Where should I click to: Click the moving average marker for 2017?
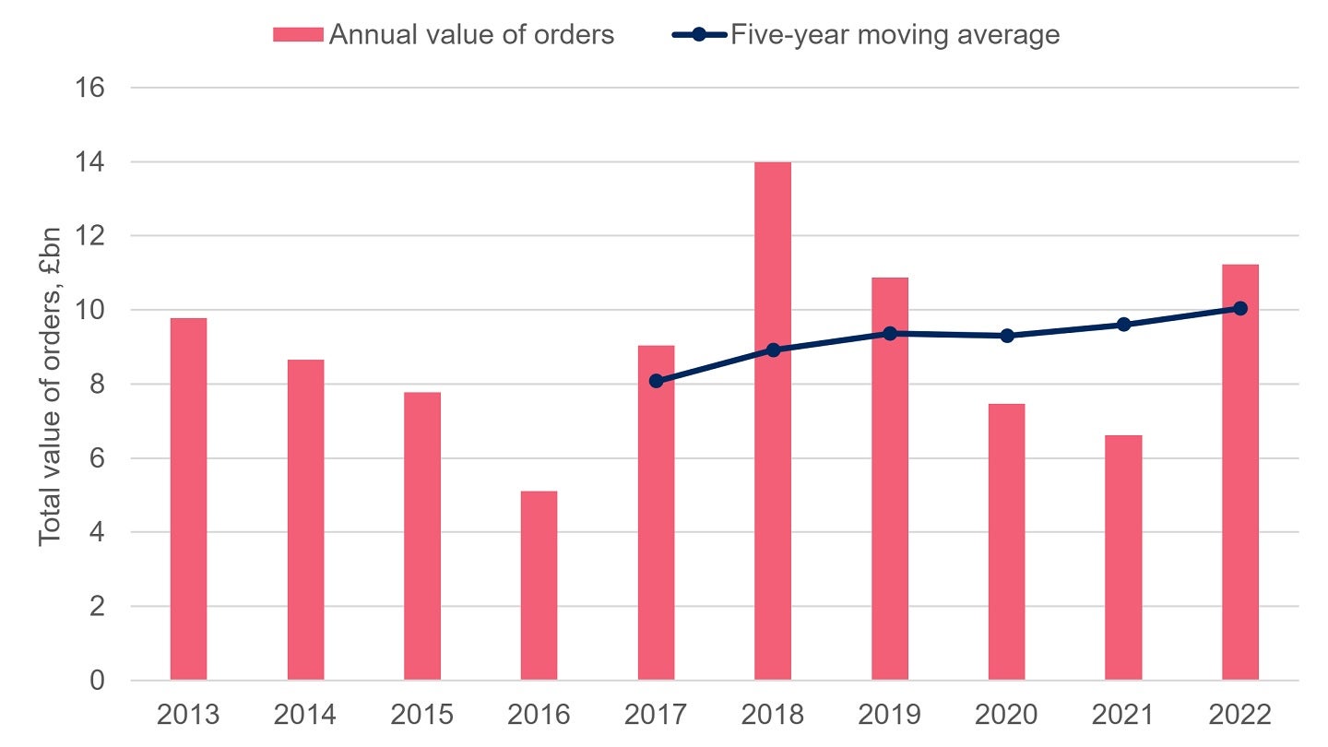point(656,381)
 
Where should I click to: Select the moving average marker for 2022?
point(1240,308)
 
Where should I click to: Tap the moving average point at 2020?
point(1006,336)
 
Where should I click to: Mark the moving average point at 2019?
point(890,333)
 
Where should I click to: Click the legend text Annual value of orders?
point(471,35)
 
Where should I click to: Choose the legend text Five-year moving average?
point(895,35)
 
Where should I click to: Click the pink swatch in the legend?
point(298,35)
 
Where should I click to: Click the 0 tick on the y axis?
point(96,681)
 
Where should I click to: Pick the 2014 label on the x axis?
point(305,715)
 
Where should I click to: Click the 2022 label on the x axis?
point(1240,715)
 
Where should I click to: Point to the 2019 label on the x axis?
point(890,715)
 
